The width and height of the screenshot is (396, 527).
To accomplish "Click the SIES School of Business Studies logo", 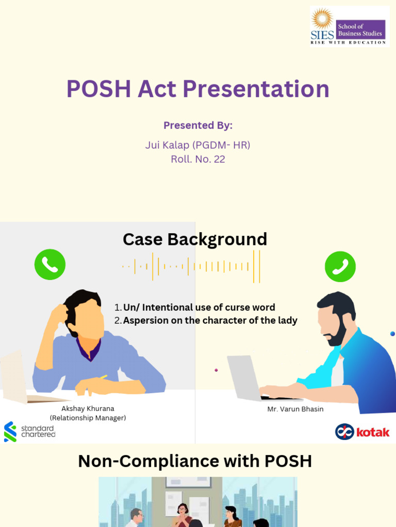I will pos(349,26).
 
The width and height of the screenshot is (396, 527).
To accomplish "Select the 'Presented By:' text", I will pos(198,126).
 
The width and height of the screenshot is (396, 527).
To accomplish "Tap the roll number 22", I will pos(219,159).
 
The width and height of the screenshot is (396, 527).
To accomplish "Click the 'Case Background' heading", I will pos(195,239).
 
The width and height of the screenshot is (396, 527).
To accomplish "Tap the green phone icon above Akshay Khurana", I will pos(50,265).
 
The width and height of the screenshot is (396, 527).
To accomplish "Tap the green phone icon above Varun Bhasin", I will pos(340,267).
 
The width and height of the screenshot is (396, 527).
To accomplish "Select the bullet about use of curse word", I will pos(199,307).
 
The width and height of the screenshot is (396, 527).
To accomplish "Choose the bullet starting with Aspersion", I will pos(210,320).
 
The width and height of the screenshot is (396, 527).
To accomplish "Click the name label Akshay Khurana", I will pos(88,409).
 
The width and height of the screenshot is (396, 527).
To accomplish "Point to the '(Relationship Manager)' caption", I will pos(88,418).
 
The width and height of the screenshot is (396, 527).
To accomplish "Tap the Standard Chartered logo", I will pos(29,431).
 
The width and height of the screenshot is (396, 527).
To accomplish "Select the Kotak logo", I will pos(362,432).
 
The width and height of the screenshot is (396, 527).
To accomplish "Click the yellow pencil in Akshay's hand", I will pos(103,378).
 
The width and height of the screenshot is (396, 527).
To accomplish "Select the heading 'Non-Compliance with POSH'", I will pos(195,461).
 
